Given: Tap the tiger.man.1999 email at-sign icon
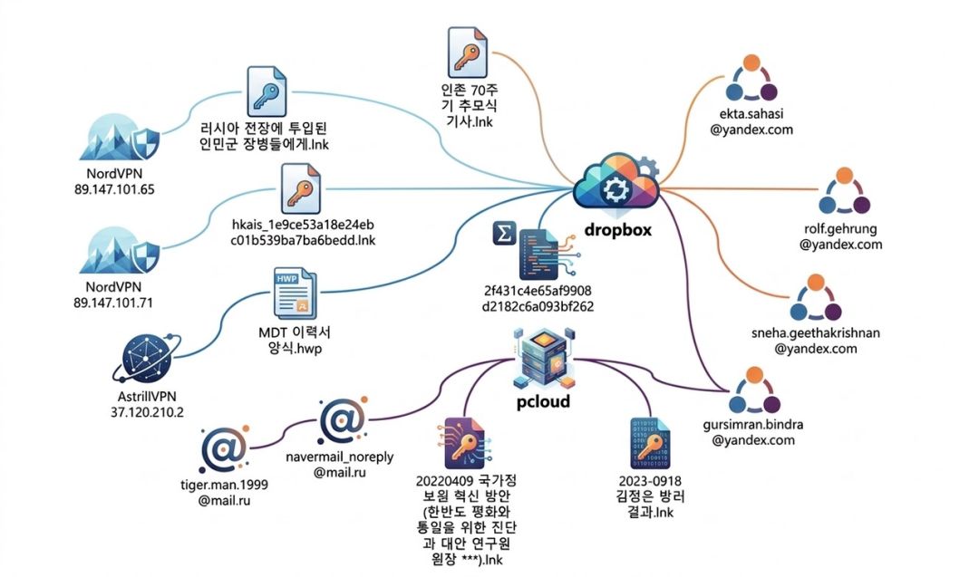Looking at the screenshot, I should (x=223, y=450).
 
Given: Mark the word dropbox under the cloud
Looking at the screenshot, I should (x=618, y=229).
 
